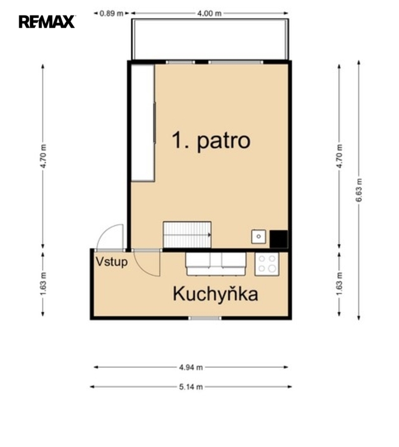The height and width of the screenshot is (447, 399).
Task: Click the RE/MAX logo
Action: [47, 22]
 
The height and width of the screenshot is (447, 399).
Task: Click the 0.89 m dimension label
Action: [112, 13]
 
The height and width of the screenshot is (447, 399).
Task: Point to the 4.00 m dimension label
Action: [209, 13]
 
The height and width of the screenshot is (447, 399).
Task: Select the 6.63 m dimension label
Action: [358, 190]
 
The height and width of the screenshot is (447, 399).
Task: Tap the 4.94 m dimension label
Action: [191, 367]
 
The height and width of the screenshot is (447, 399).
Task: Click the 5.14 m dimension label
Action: [191, 387]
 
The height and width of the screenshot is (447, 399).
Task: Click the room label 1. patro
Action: [211, 141]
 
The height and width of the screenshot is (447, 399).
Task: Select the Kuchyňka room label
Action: [216, 294]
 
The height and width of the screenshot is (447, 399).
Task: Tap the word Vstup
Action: [112, 262]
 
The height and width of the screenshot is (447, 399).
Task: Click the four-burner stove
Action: [267, 264]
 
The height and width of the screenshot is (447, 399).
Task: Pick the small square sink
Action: [259, 237]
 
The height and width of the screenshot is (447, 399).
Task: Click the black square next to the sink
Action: [279, 239]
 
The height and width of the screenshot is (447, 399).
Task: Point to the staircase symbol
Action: [187, 235]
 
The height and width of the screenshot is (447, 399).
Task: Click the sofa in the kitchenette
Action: [216, 264]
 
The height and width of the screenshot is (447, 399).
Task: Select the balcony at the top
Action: [210, 39]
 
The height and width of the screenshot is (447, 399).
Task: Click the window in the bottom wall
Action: [205, 318]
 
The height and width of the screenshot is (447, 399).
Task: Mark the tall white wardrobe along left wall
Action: [143, 123]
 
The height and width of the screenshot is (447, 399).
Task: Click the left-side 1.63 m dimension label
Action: [43, 284]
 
